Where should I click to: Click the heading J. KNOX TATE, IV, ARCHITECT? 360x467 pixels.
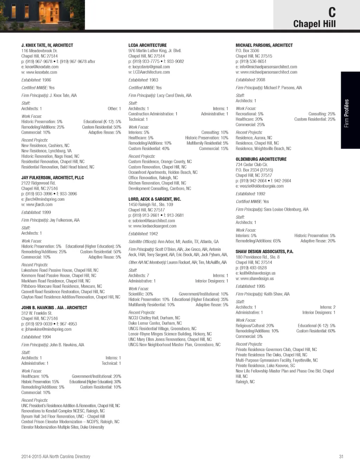coord(47,45)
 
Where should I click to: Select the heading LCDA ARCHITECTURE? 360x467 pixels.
coord(147,45)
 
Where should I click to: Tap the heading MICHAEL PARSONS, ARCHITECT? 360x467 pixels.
coord(264,45)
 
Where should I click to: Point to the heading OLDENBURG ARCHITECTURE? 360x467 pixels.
coord(261,159)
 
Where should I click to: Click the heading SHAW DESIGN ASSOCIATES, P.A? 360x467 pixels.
coord(264,252)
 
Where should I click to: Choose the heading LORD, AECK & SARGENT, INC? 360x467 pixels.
coord(154,199)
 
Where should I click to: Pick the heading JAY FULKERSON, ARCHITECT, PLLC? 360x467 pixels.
coord(52,178)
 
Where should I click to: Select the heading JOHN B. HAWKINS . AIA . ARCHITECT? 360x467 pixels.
coord(54,308)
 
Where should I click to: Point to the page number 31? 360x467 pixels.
coord(341,456)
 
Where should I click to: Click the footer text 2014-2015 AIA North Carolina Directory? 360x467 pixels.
coord(56,456)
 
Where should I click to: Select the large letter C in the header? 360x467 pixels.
coord(332,13)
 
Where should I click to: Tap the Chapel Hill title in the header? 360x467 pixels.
coord(314,24)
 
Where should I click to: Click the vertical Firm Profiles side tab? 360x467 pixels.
coord(347,113)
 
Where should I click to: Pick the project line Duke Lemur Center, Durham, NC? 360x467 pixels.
coord(155,323)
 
